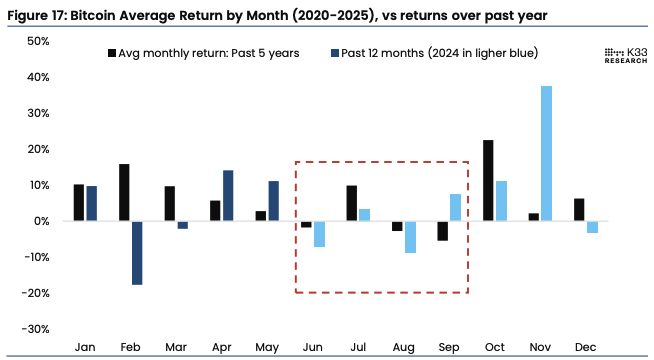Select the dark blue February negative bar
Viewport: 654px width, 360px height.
pyautogui.click(x=137, y=253)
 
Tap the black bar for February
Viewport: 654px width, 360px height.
pyautogui.click(x=124, y=192)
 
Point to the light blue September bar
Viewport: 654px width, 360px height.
pyautogui.click(x=455, y=207)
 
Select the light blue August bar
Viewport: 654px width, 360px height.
pyautogui.click(x=410, y=237)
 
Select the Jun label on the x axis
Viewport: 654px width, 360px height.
pyautogui.click(x=312, y=346)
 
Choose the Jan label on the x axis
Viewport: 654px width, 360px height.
pyautogui.click(x=85, y=346)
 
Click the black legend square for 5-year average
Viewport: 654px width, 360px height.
pyautogui.click(x=110, y=53)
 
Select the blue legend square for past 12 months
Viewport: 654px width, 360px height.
pyautogui.click(x=334, y=53)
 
